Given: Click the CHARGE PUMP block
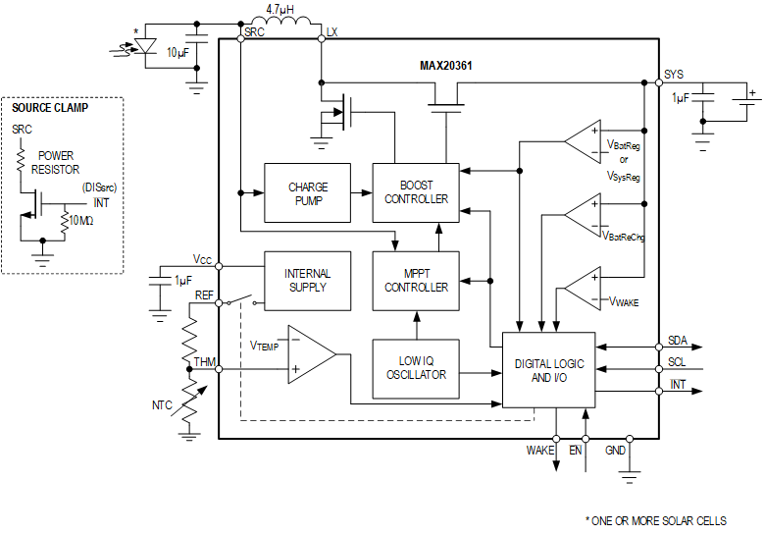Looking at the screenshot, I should [307, 192].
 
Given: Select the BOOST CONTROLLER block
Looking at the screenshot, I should [416, 192].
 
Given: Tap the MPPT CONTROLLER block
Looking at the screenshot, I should [416, 281].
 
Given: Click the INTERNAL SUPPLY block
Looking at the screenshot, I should [307, 281].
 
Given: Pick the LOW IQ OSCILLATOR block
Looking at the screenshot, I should [416, 368].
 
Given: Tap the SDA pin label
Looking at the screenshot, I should [677, 341].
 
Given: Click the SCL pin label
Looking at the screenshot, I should [677, 362].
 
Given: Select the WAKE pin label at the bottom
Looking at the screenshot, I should [540, 451].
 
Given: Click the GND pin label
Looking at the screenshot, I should [615, 451].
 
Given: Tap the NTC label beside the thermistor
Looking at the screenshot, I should [163, 404].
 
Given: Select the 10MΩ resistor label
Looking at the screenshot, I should [82, 220].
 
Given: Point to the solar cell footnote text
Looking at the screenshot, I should [658, 520].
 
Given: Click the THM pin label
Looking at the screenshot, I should [204, 361].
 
